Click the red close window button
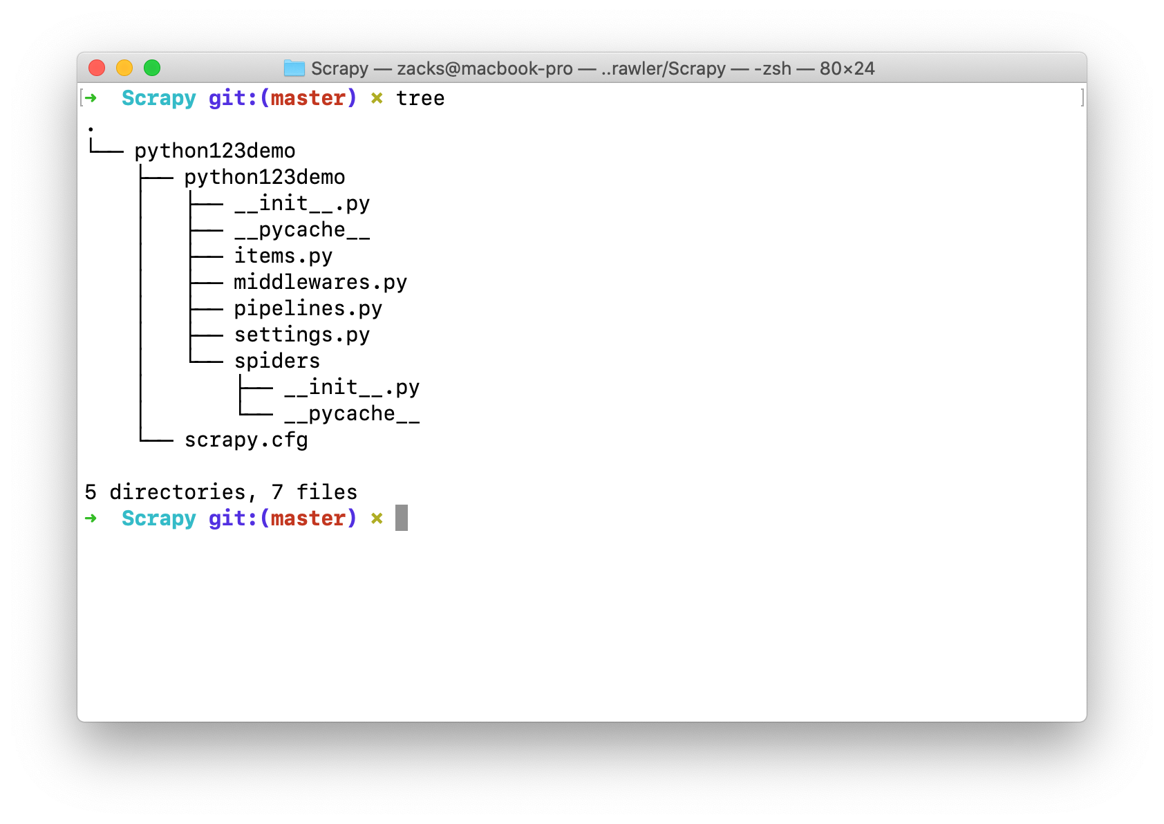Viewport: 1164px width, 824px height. coord(97,68)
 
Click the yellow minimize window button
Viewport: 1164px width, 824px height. coord(124,68)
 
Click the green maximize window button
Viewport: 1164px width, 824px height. coord(152,68)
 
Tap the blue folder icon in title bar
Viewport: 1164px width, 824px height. coord(294,68)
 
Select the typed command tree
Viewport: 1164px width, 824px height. coord(420,98)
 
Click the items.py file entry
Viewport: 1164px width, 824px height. coord(283,256)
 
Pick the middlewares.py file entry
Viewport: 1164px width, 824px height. coord(320,282)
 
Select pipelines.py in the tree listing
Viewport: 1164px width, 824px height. coord(308,308)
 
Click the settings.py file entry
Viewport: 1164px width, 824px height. coord(302,335)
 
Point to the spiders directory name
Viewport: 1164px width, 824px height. coord(276,361)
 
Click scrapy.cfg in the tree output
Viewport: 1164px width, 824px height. coord(246,440)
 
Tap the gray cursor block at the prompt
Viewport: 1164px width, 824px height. coord(402,518)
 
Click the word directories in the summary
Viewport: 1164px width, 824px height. coord(178,492)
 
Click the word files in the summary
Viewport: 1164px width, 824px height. coord(327,492)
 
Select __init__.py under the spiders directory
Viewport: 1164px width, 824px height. coord(352,387)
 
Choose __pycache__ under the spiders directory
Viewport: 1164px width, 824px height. coord(352,413)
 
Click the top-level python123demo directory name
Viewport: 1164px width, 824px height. coord(215,151)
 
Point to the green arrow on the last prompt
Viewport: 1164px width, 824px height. coord(91,518)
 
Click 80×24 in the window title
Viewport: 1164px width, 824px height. coord(847,68)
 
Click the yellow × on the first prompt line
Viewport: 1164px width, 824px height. coord(377,98)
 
